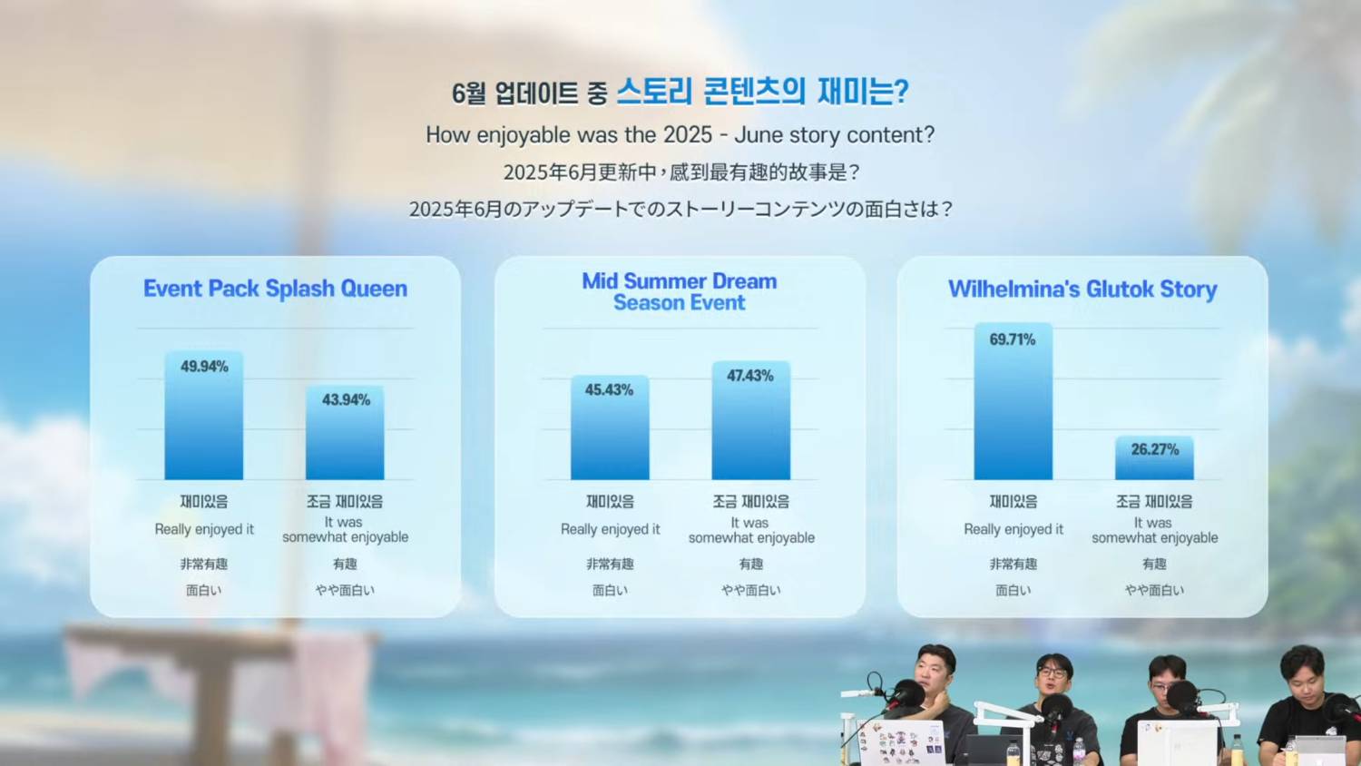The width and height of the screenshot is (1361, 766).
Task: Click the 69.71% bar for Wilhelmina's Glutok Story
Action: click(x=1013, y=401)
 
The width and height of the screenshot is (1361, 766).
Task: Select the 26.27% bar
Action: click(x=1154, y=457)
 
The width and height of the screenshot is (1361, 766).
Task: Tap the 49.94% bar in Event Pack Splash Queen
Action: click(x=203, y=416)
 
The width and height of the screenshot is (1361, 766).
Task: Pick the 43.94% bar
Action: click(x=345, y=432)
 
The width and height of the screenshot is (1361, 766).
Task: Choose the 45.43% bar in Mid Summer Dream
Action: click(x=610, y=427)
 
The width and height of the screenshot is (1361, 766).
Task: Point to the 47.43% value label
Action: click(x=750, y=376)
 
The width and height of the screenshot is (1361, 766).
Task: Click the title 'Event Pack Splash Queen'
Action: click(x=275, y=289)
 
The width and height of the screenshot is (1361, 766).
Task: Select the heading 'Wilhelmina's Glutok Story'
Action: click(x=1082, y=289)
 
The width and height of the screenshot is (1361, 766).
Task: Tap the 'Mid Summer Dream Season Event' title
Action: click(x=680, y=292)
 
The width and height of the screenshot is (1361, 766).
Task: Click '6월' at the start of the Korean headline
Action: click(x=468, y=93)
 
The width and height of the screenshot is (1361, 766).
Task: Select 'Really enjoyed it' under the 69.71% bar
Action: click(x=1013, y=529)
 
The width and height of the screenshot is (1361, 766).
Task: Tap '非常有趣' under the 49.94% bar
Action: click(x=203, y=564)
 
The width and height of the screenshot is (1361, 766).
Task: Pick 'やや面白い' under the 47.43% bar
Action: click(x=751, y=590)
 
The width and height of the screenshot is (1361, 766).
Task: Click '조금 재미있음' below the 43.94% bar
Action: click(x=345, y=501)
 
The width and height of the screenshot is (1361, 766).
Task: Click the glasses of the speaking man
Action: click(x=1051, y=673)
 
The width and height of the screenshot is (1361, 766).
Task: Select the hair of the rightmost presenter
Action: click(x=1302, y=661)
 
